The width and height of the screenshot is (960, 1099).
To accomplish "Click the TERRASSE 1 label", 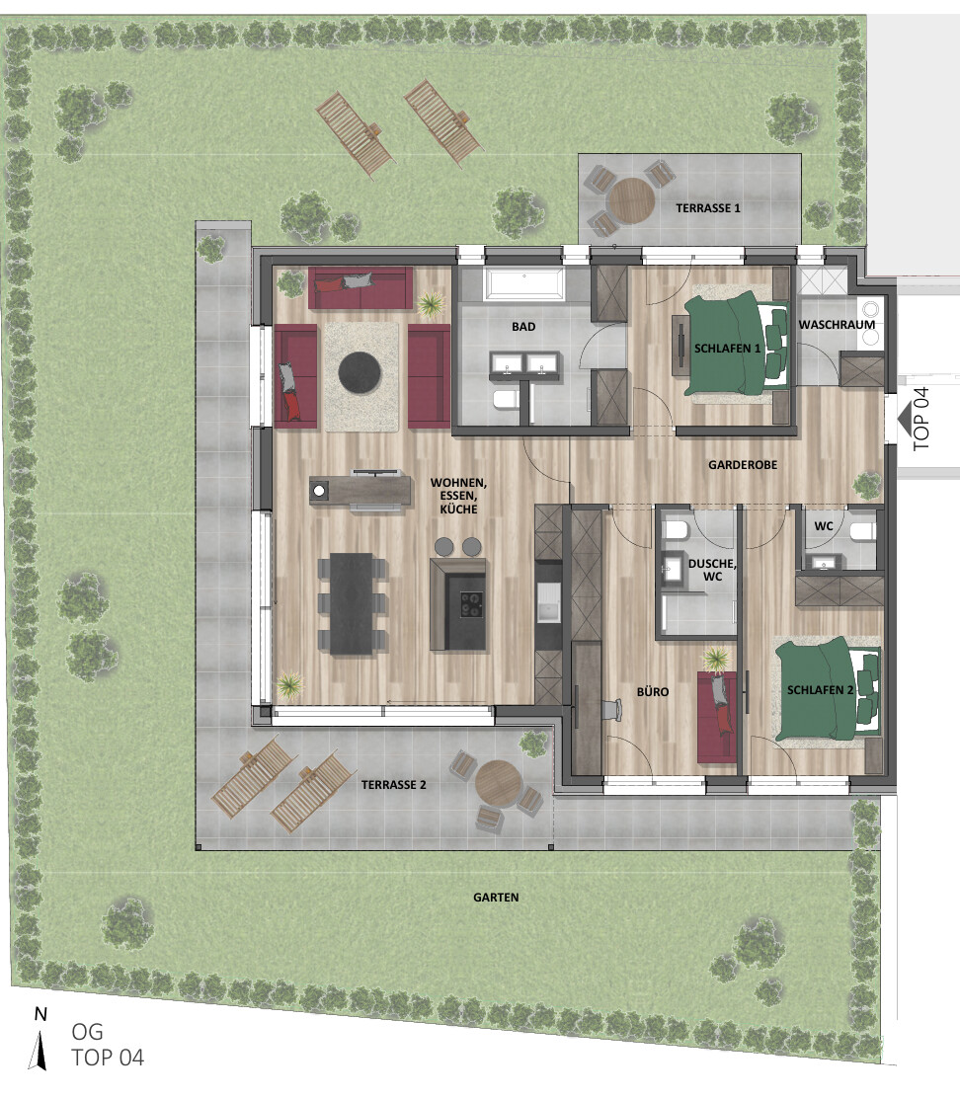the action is point(707,208).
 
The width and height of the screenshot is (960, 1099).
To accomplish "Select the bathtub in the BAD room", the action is point(523,283).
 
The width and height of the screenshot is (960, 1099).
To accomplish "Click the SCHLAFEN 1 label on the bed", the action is point(727,349).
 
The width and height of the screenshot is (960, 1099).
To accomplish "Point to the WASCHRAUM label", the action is point(837,325).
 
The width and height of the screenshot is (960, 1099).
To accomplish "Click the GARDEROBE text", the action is point(743,465).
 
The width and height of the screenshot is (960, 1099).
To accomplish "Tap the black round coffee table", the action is point(360,373).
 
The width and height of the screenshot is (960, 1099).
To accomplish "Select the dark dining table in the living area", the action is point(352,603).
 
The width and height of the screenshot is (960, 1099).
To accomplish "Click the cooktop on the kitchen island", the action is point(471,604).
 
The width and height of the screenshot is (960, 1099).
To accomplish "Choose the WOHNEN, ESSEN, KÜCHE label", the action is point(458,496).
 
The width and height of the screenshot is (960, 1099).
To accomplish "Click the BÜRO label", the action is point(652,692).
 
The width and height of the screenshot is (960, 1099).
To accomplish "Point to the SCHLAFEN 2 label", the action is point(820,690).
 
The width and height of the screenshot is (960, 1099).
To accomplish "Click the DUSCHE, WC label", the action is point(712,570).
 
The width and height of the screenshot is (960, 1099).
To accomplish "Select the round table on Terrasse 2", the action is point(498,784).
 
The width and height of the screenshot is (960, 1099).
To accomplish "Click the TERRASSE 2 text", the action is point(393,785).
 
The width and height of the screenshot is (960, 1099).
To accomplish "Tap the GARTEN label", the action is point(496,898).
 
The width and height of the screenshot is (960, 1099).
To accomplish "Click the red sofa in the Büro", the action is point(717,717).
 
